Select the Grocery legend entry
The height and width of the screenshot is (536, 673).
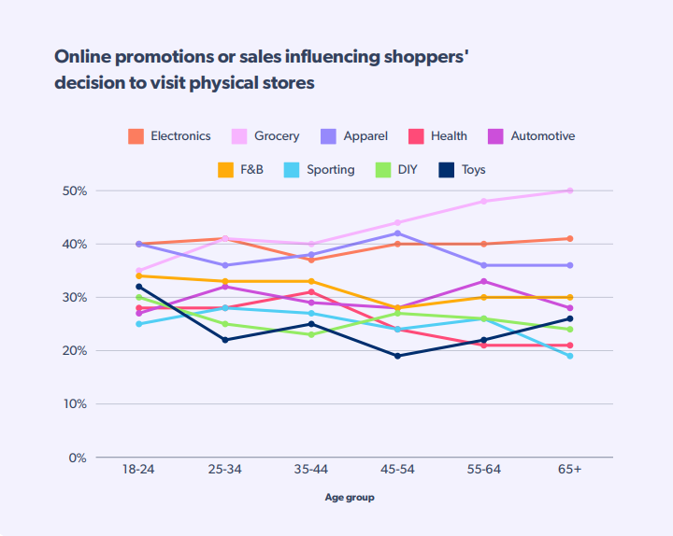pos(265,136)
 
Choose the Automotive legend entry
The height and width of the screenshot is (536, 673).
pos(531,136)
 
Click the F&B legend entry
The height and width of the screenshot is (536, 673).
pos(241,170)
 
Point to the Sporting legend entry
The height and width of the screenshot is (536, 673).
pos(320,170)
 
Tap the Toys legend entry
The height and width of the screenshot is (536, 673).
pos(463,170)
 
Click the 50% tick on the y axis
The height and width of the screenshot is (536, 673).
pos(76,190)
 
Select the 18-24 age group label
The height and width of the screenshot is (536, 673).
pos(138,470)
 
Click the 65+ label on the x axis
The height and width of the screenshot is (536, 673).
pos(570,470)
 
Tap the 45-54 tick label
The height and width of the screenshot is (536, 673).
pos(397,470)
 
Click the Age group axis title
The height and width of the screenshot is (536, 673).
pos(350,498)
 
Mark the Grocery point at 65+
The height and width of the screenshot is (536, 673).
pos(570,190)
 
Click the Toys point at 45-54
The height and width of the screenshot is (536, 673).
pos(397,356)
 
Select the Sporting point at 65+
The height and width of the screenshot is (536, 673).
pos(570,356)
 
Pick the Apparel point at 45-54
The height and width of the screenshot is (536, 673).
pos(397,233)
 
